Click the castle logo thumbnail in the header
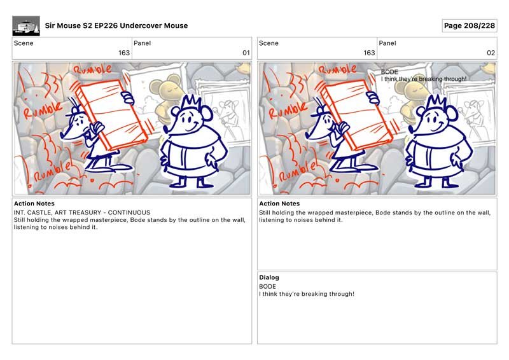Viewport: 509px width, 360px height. tap(26, 26)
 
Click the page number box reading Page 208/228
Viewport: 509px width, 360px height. tap(470, 25)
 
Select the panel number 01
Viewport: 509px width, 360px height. tap(246, 53)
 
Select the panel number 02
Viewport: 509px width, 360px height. tap(491, 53)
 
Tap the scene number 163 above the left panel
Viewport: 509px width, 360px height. tap(124, 53)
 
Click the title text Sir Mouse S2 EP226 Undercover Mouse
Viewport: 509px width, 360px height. tap(116, 25)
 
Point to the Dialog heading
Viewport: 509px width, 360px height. tap(268, 277)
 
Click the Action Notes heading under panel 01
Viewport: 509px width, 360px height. tap(34, 204)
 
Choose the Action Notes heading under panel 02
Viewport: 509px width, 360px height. tap(279, 204)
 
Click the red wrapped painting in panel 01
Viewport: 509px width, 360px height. tap(111, 114)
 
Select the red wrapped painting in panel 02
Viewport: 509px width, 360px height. tap(356, 114)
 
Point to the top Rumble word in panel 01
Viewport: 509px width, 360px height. tap(92, 69)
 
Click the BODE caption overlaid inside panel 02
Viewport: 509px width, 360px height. tap(389, 72)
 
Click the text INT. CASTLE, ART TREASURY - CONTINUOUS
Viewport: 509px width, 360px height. tap(82, 212)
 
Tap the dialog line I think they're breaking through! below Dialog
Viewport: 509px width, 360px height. tap(307, 294)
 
